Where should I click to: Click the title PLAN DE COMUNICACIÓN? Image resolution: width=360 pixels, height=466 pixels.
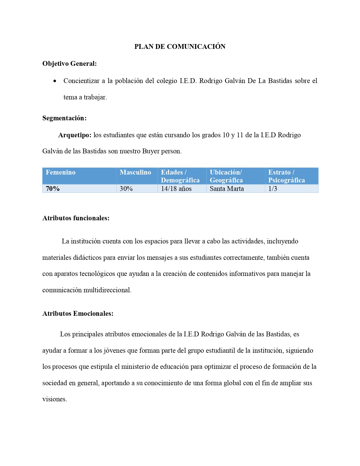pyautogui.click(x=180, y=47)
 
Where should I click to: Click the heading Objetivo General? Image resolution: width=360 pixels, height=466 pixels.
pyautogui.click(x=69, y=64)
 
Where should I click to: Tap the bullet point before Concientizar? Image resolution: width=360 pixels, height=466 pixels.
pyautogui.click(x=55, y=81)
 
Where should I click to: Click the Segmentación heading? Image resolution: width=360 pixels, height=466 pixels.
pyautogui.click(x=64, y=118)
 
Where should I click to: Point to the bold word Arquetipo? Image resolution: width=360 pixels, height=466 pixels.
pyautogui.click(x=75, y=135)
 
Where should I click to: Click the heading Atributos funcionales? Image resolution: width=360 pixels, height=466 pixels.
pyautogui.click(x=76, y=218)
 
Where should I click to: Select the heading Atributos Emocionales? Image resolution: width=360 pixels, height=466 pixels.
pyautogui.click(x=78, y=314)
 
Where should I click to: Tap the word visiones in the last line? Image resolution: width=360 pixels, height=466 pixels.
pyautogui.click(x=54, y=399)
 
